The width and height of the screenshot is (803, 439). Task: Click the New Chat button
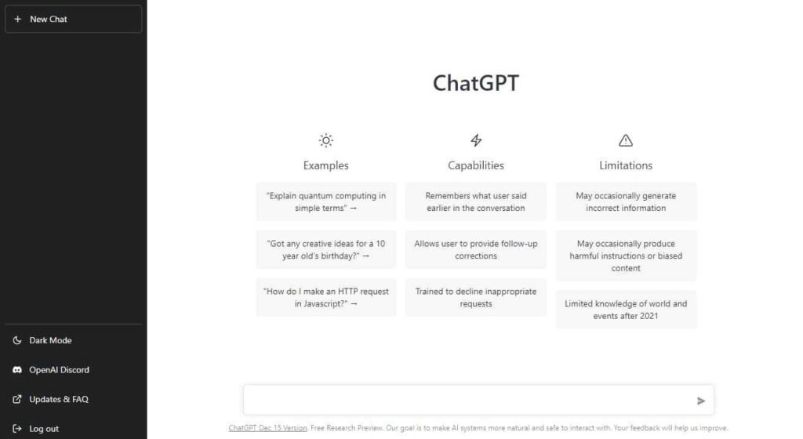tap(73, 19)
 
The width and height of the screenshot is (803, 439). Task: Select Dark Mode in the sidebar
tap(50, 340)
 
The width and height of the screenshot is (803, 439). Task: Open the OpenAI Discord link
tap(59, 370)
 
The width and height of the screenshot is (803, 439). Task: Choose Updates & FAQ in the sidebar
tap(58, 399)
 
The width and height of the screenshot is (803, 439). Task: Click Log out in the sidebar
tap(44, 429)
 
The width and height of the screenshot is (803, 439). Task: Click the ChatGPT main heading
tap(475, 83)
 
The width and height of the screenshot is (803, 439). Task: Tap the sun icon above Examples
tap(326, 140)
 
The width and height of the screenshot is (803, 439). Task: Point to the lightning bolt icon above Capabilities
tap(476, 140)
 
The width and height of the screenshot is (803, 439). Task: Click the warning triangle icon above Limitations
tap(626, 140)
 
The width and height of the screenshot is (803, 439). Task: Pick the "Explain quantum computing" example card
tap(326, 201)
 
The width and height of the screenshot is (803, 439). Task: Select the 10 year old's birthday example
tap(326, 249)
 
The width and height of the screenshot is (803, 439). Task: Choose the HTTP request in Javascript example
tap(326, 297)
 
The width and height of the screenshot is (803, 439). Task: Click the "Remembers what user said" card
tap(476, 201)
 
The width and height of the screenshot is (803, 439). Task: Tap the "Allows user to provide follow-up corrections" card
tap(476, 249)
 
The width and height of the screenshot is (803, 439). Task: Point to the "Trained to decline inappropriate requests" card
tap(476, 297)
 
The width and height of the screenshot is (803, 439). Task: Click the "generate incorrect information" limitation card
tap(626, 201)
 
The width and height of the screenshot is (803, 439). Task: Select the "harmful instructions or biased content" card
tap(626, 256)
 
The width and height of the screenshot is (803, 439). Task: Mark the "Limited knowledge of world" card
tap(626, 310)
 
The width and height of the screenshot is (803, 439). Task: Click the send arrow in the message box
tap(701, 401)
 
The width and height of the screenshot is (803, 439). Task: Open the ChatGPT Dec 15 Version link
tap(267, 428)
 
